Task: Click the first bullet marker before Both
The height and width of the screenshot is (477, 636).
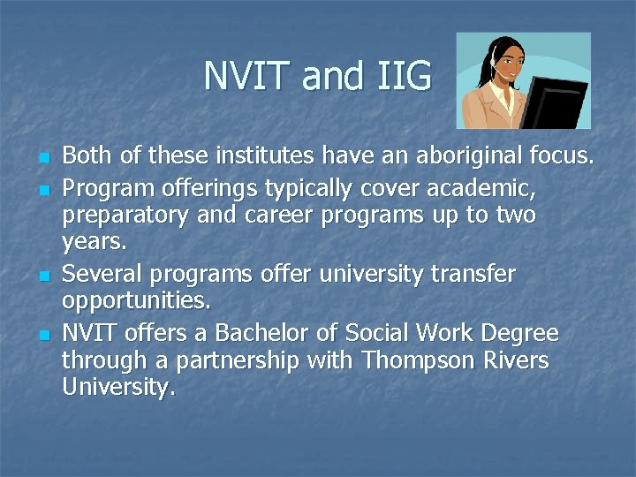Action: tap(42, 159)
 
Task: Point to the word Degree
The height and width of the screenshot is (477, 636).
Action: tap(519, 333)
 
